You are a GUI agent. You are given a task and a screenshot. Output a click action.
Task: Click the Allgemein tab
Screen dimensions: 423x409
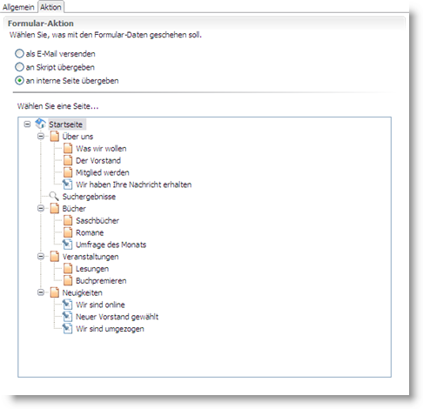pyautogui.click(x=18, y=7)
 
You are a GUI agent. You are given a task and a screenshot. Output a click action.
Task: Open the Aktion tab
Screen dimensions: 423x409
pyautogui.click(x=50, y=7)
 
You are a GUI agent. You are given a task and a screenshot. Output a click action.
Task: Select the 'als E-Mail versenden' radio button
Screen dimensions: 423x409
pyautogui.click(x=19, y=54)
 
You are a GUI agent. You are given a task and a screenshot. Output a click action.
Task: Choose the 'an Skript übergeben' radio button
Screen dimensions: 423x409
pyautogui.click(x=19, y=67)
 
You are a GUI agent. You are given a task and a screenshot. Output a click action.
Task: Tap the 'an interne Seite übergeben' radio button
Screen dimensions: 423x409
pyautogui.click(x=19, y=80)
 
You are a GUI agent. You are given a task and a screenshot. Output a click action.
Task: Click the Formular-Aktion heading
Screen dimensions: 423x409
pyautogui.click(x=41, y=23)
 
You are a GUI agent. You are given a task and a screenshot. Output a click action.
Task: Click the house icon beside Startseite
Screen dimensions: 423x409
pyautogui.click(x=40, y=124)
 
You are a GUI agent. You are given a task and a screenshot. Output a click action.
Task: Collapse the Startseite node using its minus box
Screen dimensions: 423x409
pyautogui.click(x=27, y=124)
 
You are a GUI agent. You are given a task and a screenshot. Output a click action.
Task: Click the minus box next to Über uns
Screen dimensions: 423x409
pyautogui.click(x=41, y=136)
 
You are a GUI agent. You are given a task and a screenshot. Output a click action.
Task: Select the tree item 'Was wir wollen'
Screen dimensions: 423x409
pyautogui.click(x=101, y=149)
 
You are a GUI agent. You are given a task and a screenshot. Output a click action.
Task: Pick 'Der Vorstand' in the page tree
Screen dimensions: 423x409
pyautogui.click(x=98, y=160)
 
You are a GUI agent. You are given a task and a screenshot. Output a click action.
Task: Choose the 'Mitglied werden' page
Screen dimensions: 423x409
pyautogui.click(x=103, y=172)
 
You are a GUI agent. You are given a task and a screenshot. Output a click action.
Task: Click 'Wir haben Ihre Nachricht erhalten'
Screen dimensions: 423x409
pyautogui.click(x=133, y=184)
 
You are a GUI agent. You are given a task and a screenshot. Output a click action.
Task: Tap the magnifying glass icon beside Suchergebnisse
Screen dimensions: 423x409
pyautogui.click(x=54, y=197)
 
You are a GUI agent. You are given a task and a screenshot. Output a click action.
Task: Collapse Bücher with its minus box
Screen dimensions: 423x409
pyautogui.click(x=41, y=208)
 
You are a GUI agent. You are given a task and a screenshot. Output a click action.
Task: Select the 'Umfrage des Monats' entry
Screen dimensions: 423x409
pyautogui.click(x=111, y=245)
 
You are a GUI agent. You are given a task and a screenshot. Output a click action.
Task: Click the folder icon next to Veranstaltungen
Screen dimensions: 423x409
pyautogui.click(x=55, y=257)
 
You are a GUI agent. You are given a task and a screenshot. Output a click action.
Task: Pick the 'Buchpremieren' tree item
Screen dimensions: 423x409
pyautogui.click(x=101, y=280)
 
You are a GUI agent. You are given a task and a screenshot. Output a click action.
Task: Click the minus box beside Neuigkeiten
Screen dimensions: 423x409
pyautogui.click(x=41, y=292)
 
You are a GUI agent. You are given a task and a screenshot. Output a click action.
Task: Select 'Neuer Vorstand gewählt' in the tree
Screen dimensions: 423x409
pyautogui.click(x=117, y=317)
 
